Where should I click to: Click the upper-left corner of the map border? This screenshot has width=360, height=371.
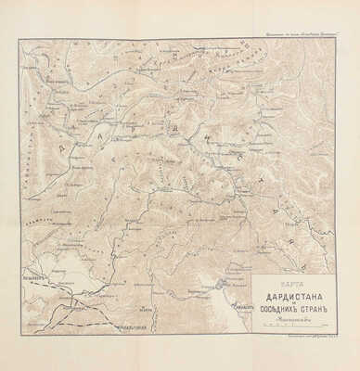pos(19,39)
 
